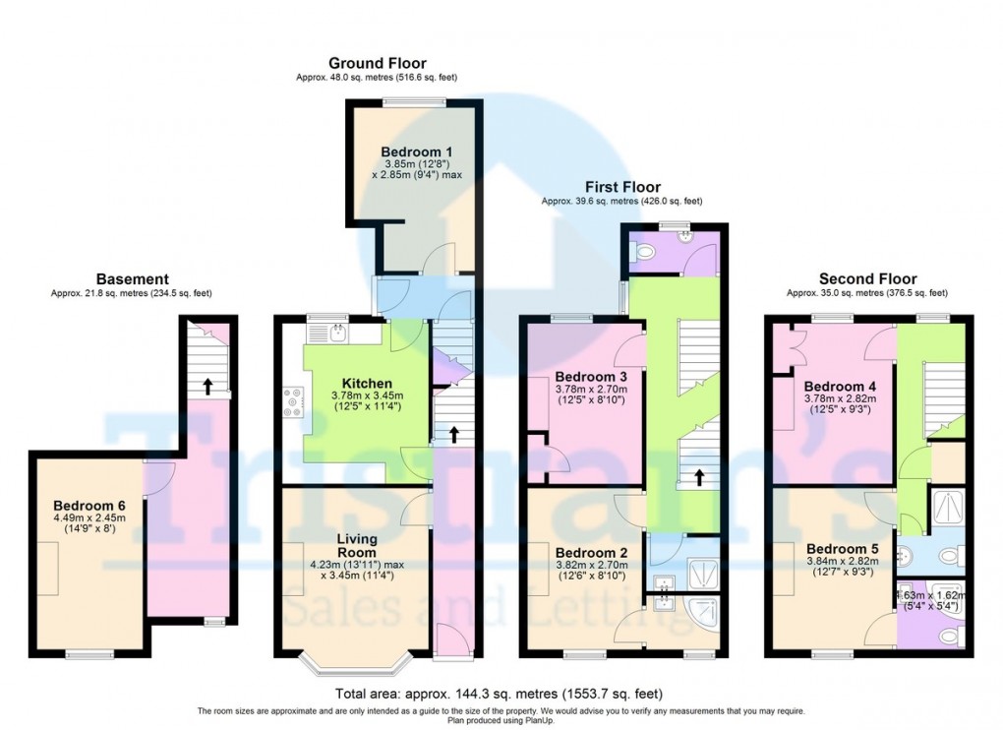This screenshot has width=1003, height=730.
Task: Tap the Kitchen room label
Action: pyautogui.click(x=367, y=383)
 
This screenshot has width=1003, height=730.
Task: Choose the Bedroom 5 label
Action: pyautogui.click(x=837, y=548)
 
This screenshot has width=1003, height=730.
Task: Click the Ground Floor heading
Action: pyautogui.click(x=377, y=63)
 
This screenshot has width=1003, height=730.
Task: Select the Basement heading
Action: pyautogui.click(x=132, y=279)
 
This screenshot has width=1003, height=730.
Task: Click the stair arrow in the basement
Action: pyautogui.click(x=206, y=386)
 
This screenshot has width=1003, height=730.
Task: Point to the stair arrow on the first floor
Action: pyautogui.click(x=699, y=478)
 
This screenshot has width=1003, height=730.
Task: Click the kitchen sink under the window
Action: pyautogui.click(x=337, y=332)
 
